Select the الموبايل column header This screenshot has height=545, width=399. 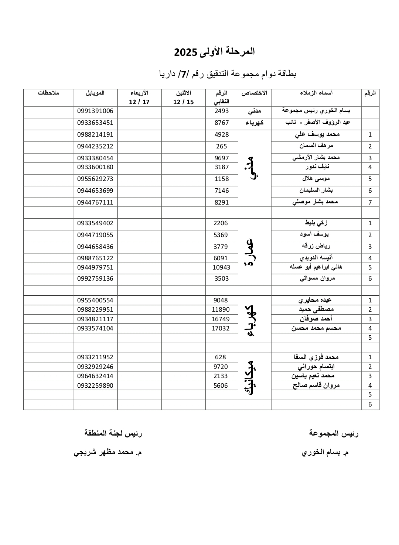tap(95, 93)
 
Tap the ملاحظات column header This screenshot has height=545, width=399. tap(48, 93)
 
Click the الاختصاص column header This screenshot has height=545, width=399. tap(254, 93)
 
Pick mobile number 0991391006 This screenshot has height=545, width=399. tap(95, 111)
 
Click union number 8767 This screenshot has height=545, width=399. tap(222, 123)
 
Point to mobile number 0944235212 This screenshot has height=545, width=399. tap(95, 146)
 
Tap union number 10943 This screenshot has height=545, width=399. tap(222, 267)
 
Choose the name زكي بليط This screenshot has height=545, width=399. tap(316, 223)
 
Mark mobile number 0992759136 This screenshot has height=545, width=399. tap(95, 279)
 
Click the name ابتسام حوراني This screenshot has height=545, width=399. tap(316, 367)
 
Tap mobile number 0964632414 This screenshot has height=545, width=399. tap(95, 376)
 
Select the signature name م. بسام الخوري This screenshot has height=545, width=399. tap(325, 452)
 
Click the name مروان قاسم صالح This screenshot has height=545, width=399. tap(316, 385)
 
